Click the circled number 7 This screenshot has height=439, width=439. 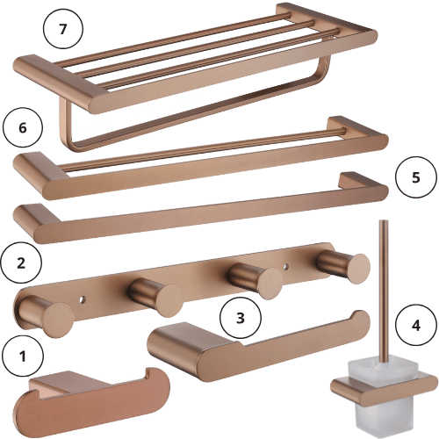pos(63,29)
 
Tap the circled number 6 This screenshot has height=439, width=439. pos(23,127)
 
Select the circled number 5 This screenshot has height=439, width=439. pos(415,177)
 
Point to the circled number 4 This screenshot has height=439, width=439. pos(415,325)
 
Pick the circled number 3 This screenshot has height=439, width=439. pos(241,318)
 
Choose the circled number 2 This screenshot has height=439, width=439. pos(21,263)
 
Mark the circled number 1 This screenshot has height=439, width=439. pos(23,356)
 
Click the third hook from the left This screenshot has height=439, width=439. pos(255,280)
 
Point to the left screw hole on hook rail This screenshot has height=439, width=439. pos(83,300)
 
